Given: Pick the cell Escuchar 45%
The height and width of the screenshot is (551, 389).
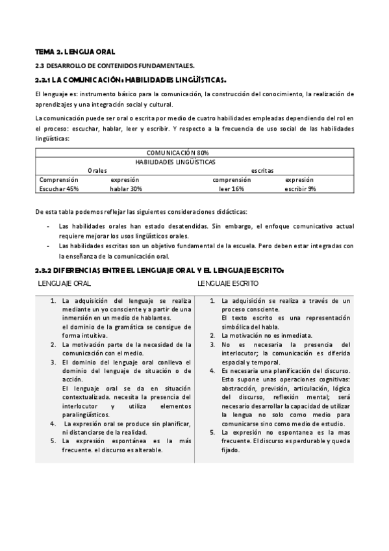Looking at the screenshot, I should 59,188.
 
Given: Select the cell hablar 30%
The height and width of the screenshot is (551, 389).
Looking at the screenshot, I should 126,188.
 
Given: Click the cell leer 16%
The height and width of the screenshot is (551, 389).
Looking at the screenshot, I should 232,188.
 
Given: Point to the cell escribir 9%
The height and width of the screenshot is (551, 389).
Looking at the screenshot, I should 300,188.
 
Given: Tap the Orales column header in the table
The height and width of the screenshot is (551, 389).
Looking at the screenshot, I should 97,170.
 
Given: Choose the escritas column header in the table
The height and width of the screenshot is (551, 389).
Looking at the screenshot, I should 262,170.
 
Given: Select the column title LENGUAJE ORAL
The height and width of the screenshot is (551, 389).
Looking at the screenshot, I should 64,284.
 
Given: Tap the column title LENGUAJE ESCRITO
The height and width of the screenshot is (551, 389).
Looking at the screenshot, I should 228,284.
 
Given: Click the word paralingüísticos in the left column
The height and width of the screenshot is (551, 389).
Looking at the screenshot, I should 86,415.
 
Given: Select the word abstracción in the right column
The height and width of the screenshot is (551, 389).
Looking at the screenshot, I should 240,388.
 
